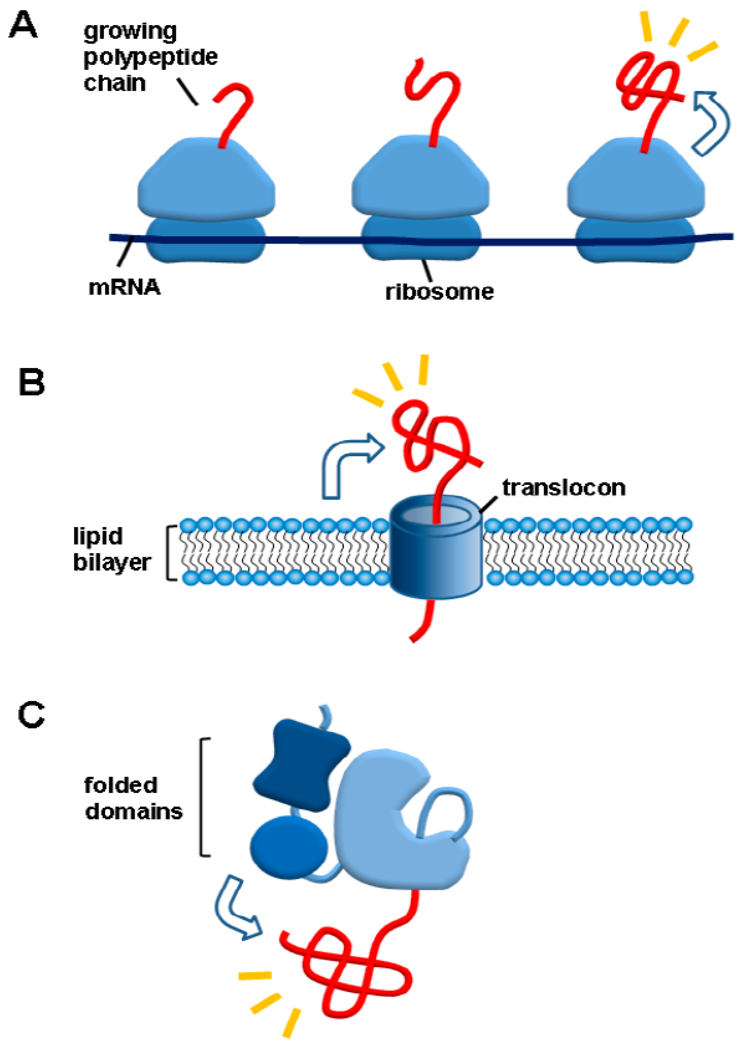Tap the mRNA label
pos(124,287)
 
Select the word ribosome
pos(439,292)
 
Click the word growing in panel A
pos(130,32)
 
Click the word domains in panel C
pos(133,811)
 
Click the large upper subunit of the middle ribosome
pos(420,178)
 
